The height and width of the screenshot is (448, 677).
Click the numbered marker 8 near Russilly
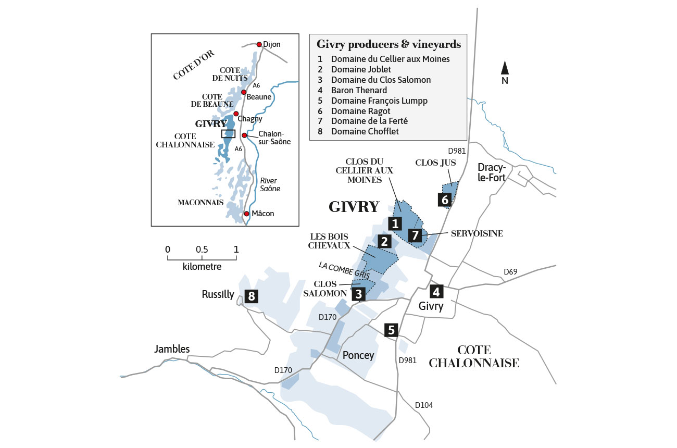(x=252, y=297)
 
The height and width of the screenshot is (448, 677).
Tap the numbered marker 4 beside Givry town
(x=436, y=291)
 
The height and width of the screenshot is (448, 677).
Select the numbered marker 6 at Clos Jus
(x=444, y=200)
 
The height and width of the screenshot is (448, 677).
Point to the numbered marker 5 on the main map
(x=392, y=330)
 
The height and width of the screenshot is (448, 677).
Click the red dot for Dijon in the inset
(x=259, y=44)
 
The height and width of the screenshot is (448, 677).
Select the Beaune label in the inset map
(x=259, y=97)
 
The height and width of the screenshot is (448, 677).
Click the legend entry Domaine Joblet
(x=360, y=69)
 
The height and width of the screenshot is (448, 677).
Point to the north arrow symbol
(x=505, y=68)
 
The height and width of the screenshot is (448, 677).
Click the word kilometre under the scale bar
(x=202, y=267)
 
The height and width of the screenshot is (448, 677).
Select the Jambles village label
(x=172, y=349)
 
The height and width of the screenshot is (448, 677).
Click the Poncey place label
(x=358, y=355)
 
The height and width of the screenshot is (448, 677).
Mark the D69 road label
(x=511, y=272)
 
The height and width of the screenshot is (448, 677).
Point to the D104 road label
(x=423, y=405)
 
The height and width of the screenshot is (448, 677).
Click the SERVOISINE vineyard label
(x=477, y=233)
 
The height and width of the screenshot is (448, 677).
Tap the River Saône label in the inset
(x=269, y=184)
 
